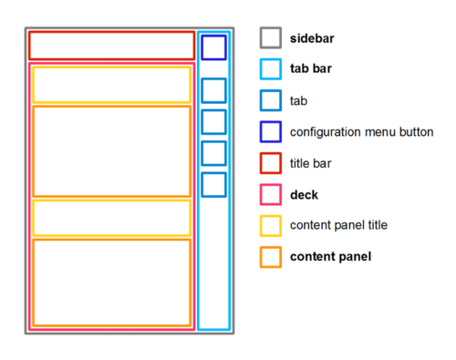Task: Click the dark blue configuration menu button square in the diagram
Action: (213, 47)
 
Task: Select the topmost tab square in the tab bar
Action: (213, 90)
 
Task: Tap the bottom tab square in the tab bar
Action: (213, 184)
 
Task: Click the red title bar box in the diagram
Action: (111, 46)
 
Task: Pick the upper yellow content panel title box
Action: (111, 85)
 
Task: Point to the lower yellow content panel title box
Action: (111, 218)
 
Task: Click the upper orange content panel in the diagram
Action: (111, 151)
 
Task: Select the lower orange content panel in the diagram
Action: (111, 282)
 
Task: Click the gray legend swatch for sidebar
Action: (270, 38)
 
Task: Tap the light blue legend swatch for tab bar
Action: (270, 69)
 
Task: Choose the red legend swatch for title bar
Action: (270, 163)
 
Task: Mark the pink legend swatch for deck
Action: (270, 194)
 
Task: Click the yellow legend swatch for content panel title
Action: (270, 225)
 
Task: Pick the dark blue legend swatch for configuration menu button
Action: (270, 132)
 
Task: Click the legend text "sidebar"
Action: (311, 38)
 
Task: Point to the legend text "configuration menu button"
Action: (361, 132)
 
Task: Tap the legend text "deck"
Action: (304, 194)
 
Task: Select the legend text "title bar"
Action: (310, 163)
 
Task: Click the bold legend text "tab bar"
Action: (311, 69)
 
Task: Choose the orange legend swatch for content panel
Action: (270, 257)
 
